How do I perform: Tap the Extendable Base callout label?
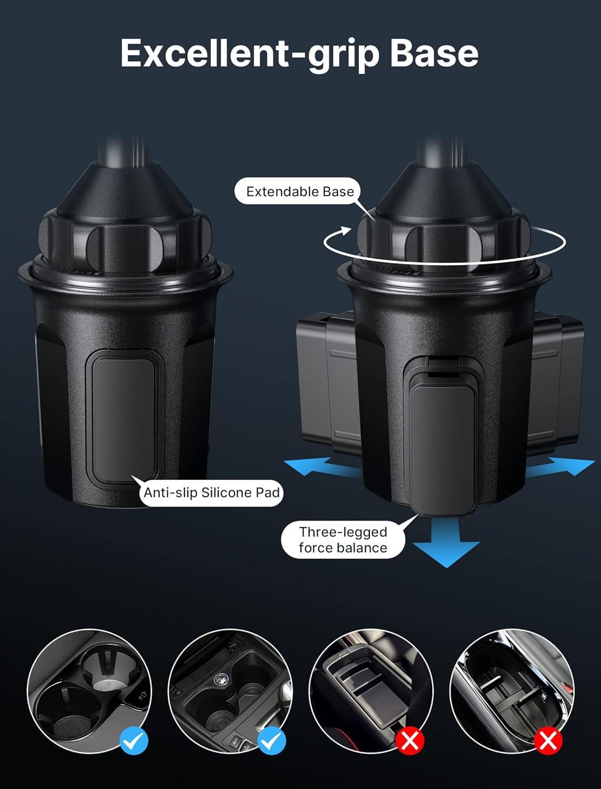300,191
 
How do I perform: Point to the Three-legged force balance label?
343,540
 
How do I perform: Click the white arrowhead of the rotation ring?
345,230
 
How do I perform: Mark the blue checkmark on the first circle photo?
134,742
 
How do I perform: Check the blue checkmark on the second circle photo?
272,742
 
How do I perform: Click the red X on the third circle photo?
410,742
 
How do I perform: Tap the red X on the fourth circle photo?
548,742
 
